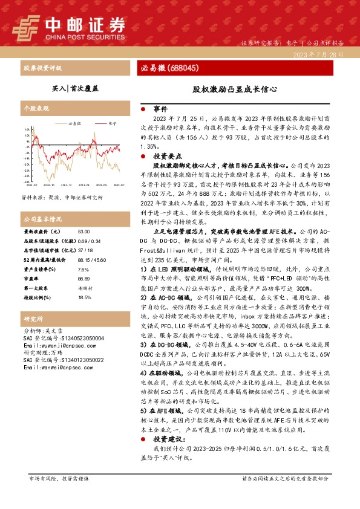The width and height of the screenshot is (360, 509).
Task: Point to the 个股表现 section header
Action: pyautogui.click(x=35, y=110)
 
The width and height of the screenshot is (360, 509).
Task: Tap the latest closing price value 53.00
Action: pyautogui.click(x=83, y=232)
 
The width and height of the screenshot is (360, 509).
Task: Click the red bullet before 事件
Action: pyautogui.click(x=142, y=109)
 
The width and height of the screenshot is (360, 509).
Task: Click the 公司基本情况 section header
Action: pyautogui.click(x=42, y=219)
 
